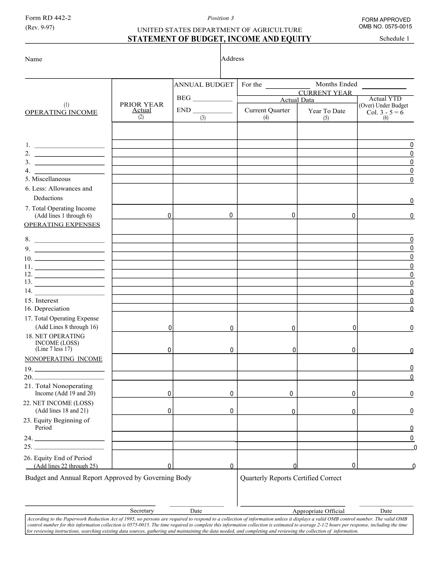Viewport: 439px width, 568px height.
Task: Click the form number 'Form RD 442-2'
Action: pos(48,18)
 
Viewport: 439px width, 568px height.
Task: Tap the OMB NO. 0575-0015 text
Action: pos(385,27)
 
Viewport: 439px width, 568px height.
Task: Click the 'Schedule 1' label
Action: pos(394,38)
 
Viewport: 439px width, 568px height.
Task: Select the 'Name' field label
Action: pos(33,59)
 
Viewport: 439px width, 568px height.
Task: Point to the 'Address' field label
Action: pos(232,59)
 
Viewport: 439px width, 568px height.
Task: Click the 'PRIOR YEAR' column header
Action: pos(142,104)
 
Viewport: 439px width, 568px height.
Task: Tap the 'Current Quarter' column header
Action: pos(267,110)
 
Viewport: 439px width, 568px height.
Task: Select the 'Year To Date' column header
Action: pos(327,111)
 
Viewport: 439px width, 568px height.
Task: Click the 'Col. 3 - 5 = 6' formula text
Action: pos(385,112)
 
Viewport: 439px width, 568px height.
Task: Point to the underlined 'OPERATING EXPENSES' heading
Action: pos(62,224)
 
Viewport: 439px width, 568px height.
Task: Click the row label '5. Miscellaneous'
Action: pos(48,179)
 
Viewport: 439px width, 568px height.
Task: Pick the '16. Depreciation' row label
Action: pos(47,309)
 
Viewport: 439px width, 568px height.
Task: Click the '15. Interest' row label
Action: pos(41,300)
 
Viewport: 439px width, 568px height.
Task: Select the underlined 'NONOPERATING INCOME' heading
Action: pos(64,359)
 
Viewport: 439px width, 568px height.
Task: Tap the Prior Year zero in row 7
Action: pos(169,216)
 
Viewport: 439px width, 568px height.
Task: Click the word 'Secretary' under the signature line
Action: pos(142,510)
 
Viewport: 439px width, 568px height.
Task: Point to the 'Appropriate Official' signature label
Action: pos(318,511)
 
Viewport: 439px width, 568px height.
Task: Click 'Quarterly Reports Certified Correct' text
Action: pos(291,478)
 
